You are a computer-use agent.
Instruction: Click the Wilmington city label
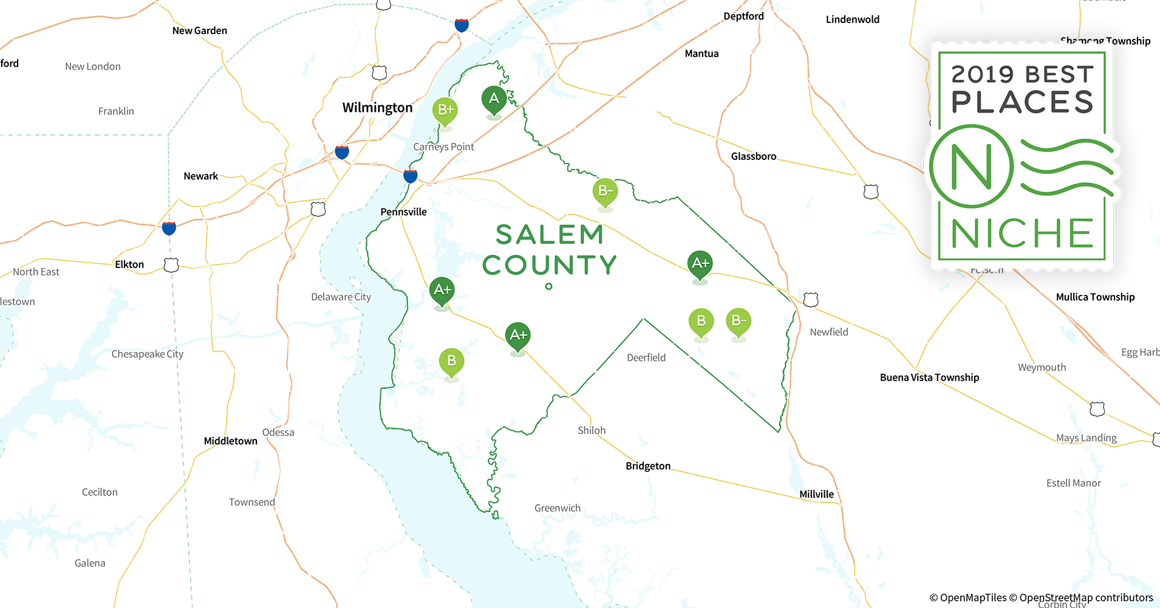point(377,108)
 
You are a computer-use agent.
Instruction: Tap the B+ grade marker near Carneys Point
point(445,110)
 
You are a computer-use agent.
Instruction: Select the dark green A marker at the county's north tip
point(494,98)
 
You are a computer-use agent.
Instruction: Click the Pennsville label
point(403,212)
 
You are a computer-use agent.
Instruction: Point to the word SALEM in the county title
point(549,235)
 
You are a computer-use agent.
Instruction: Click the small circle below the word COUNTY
point(548,286)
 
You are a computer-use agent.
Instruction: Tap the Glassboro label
point(753,156)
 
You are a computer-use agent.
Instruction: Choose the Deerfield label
point(646,358)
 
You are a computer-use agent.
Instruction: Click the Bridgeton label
point(648,466)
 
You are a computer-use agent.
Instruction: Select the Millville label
point(816,494)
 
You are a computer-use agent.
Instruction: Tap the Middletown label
point(230,441)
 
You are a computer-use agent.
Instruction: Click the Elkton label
point(129,264)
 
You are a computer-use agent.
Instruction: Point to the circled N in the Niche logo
point(971,167)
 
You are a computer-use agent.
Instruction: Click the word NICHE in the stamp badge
point(1022,233)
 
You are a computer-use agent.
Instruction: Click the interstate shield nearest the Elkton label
point(169,228)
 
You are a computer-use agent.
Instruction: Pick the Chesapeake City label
point(147,354)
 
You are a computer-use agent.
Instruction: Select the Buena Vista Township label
point(929,377)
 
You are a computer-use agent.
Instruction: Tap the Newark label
point(200,176)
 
